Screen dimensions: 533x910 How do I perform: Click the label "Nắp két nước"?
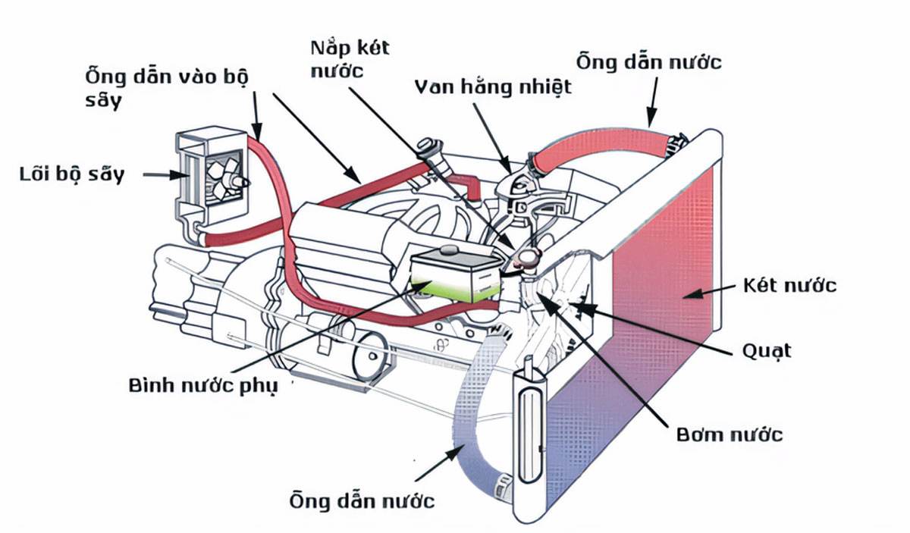point(350,58)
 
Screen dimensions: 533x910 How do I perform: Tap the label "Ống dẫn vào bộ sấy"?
point(167,89)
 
